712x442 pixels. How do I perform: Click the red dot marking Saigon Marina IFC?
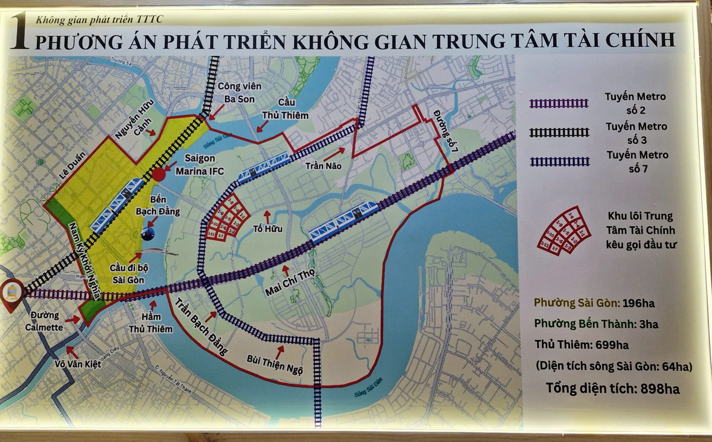159,174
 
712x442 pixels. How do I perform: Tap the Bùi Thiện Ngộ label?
275,364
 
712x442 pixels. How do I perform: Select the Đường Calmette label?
43,322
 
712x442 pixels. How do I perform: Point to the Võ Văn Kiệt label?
75,364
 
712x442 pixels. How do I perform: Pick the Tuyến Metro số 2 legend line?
559,103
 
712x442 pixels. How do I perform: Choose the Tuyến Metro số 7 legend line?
559,162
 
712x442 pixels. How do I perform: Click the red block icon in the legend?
564,231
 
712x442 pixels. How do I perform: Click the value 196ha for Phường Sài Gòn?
638,304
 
